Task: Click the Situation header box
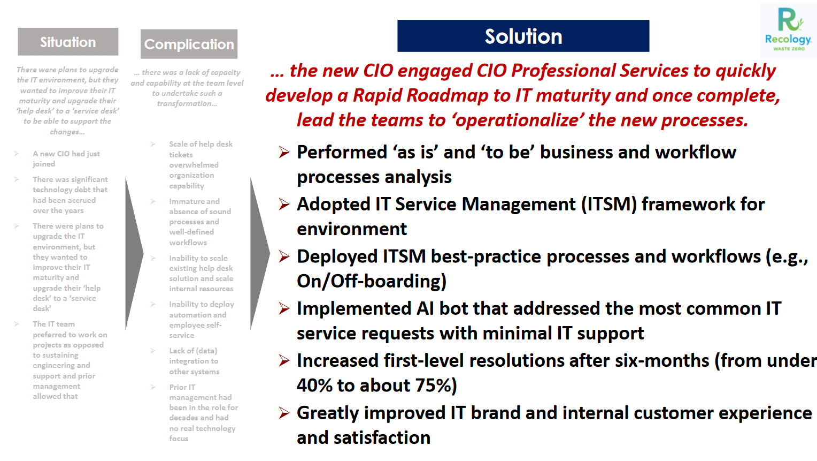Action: pos(68,42)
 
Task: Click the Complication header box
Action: pos(189,44)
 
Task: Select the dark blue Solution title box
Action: pos(523,36)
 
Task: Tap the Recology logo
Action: pos(788,31)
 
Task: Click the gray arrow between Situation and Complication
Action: pos(134,253)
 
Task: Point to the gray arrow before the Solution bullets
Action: pos(259,253)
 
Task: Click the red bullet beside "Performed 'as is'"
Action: pos(284,152)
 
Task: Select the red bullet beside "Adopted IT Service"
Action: pos(284,204)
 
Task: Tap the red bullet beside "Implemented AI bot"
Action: pos(284,309)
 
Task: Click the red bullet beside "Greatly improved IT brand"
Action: pos(284,413)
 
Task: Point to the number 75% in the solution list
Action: pos(433,386)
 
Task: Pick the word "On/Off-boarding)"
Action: pos(372,281)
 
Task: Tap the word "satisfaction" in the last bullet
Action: pos(382,437)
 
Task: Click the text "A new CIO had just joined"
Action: pos(66,159)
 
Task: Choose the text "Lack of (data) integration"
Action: pos(194,356)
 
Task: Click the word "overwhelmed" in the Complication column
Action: pos(194,165)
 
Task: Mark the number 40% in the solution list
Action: pos(314,386)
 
